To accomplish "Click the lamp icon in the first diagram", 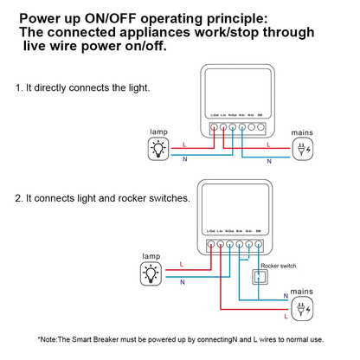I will tap(158, 149).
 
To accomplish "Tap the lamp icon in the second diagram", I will tap(151, 273).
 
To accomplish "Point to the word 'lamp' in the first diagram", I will tap(158, 132).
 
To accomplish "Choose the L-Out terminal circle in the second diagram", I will tap(210, 246).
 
